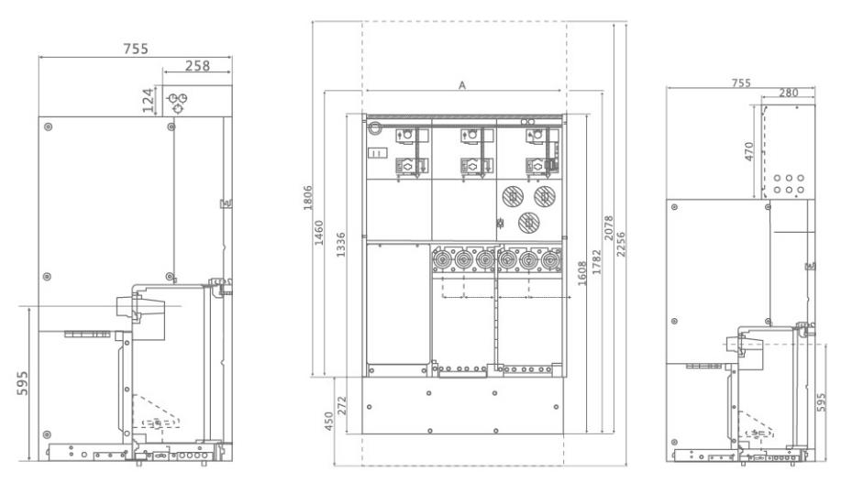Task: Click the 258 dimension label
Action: click(197, 65)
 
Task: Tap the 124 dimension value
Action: click(148, 100)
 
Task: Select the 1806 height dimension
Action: click(307, 198)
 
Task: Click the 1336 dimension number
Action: click(340, 245)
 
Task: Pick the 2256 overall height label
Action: click(620, 244)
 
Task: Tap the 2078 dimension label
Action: click(608, 228)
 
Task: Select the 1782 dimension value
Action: click(596, 262)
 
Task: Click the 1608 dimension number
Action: click(582, 273)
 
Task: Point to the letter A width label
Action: click(462, 85)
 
